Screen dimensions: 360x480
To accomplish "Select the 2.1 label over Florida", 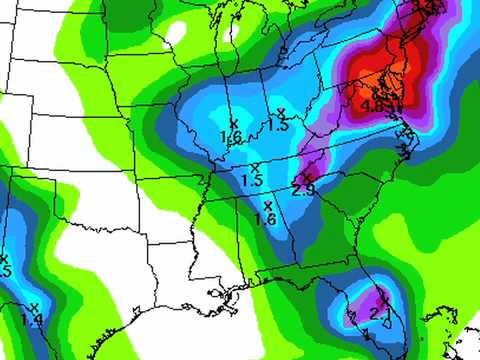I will [377, 312].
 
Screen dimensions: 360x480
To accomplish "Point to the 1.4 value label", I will [32, 320].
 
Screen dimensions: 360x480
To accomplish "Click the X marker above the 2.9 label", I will [310, 176].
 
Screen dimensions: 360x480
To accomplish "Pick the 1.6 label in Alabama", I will [265, 219].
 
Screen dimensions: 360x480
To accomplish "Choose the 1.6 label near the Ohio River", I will [231, 137].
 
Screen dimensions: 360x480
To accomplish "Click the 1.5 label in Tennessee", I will [252, 181].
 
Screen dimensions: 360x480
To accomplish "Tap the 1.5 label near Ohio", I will [278, 126].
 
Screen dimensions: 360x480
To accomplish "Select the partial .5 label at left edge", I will [4, 271].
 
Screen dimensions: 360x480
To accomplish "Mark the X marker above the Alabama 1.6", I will [267, 205].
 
